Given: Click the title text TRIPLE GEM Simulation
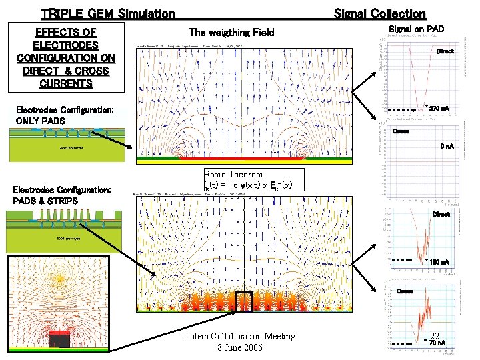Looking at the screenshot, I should point(107,13).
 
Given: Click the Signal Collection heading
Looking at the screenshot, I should point(379,13).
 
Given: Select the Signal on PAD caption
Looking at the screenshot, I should point(416,29).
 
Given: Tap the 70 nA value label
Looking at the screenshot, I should point(437,343).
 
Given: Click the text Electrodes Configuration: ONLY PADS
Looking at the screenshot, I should point(64,115).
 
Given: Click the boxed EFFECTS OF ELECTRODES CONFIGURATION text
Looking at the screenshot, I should point(66,58).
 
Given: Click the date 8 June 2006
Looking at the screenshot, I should point(240,348).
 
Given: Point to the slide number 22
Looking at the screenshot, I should point(435,336).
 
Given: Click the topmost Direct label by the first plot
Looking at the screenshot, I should point(445,51).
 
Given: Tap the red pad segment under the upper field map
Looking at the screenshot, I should point(227,161).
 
